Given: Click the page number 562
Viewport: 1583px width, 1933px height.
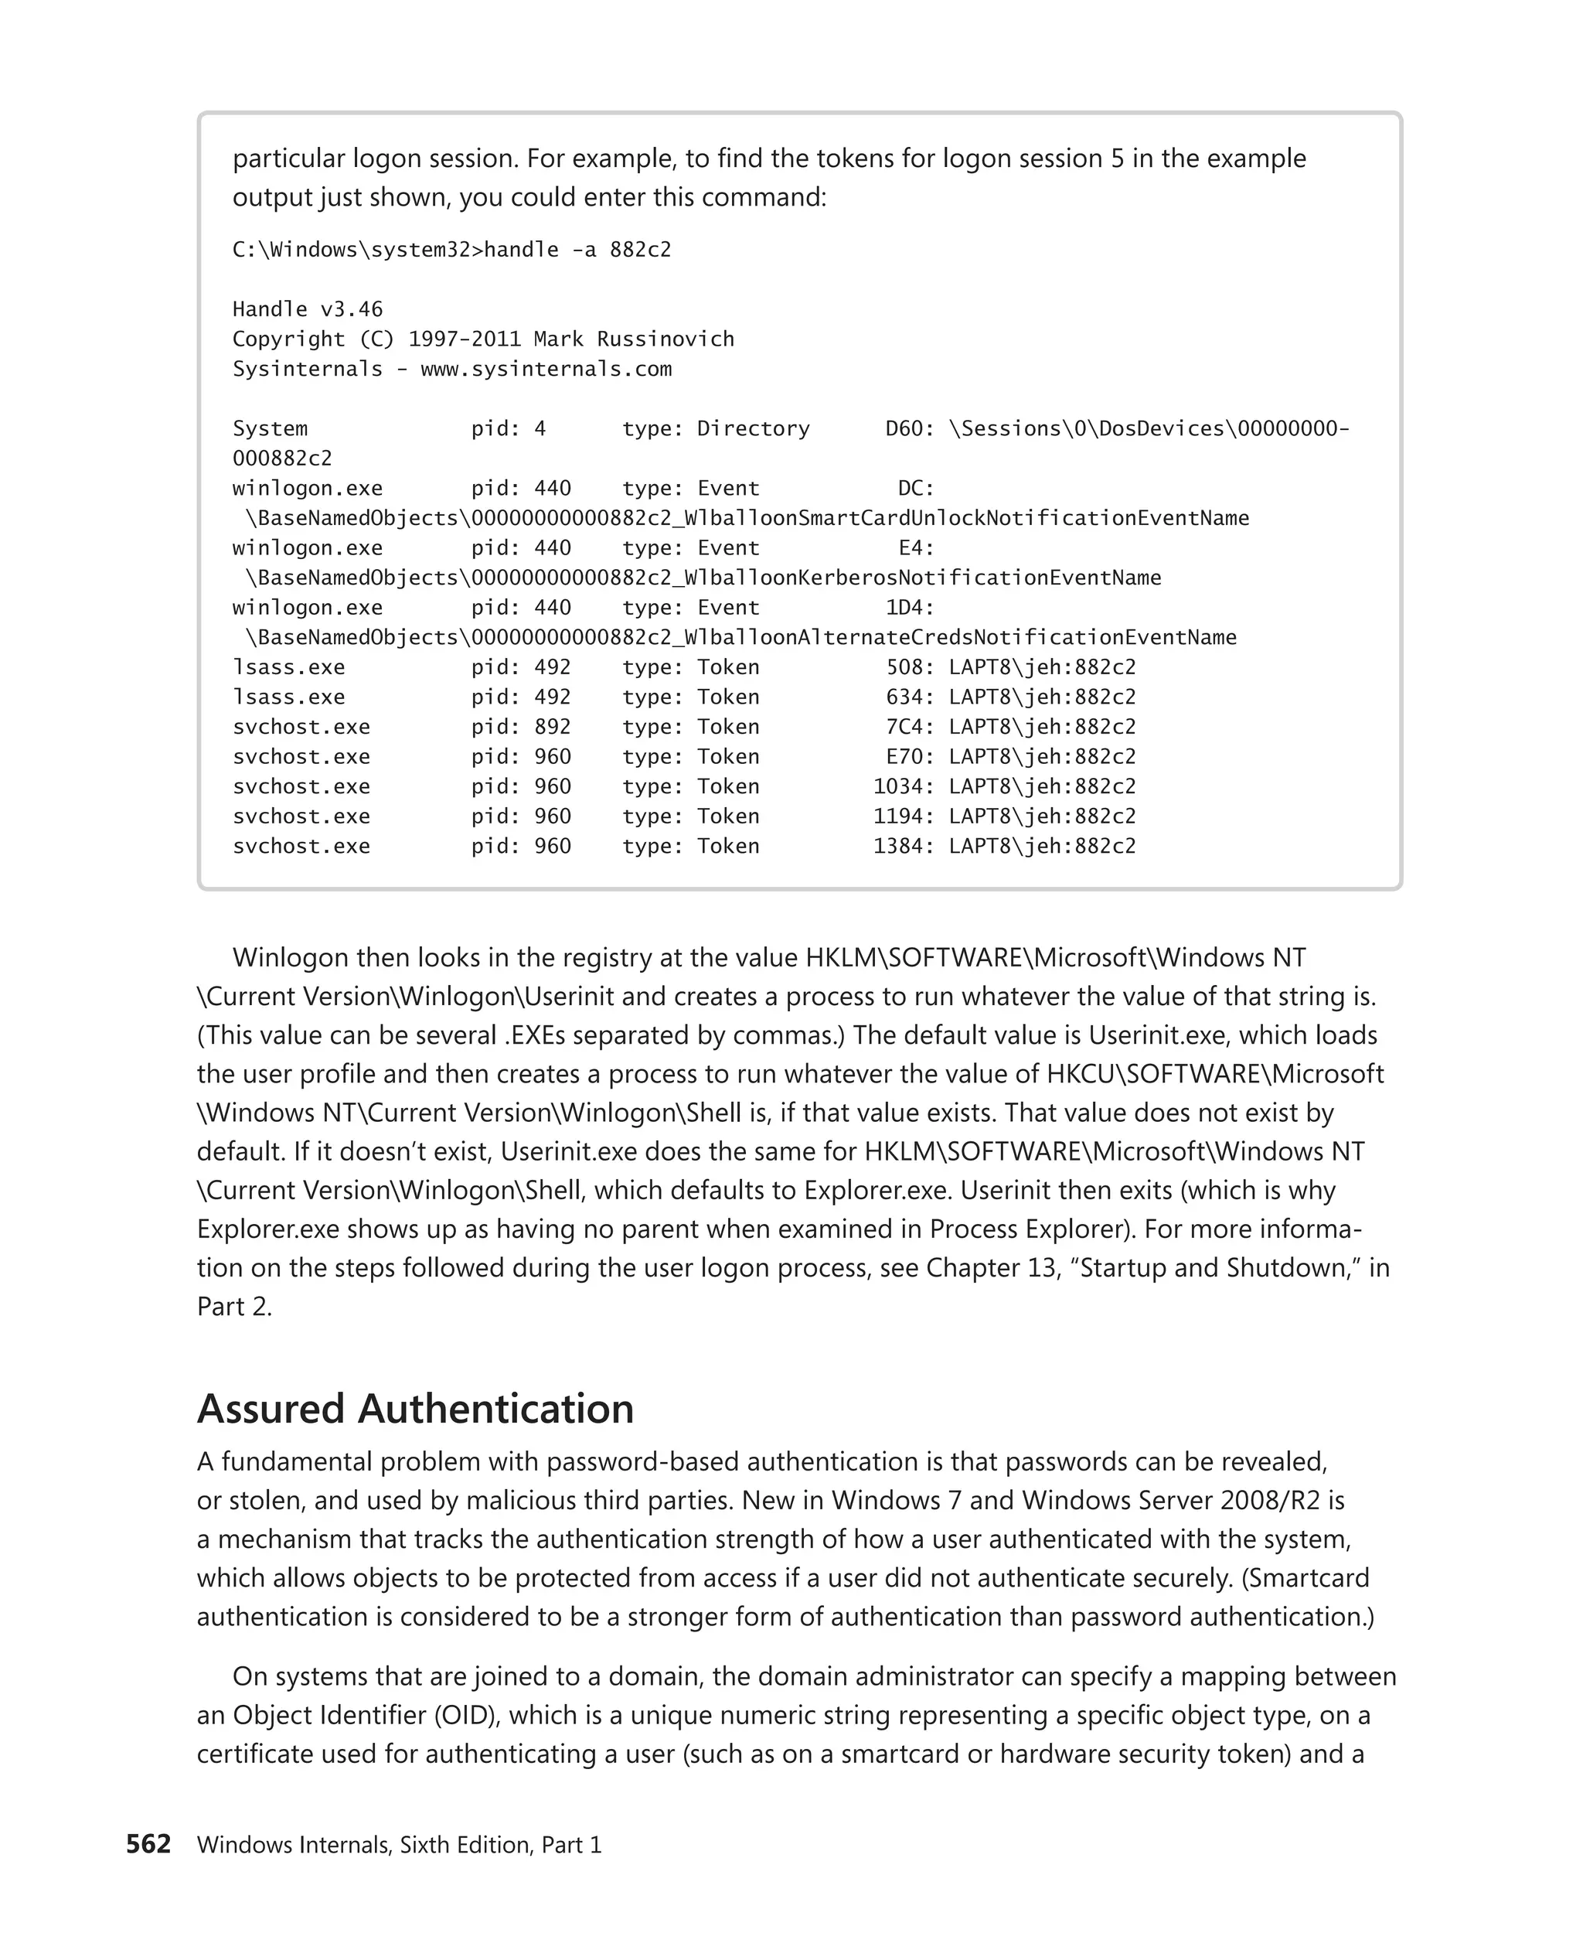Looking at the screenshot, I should click(148, 1843).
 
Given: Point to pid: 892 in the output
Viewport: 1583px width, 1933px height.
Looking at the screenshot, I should click(521, 727).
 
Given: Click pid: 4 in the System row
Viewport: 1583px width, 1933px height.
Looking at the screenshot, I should click(508, 429).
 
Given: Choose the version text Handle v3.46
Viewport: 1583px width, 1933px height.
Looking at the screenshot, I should click(308, 309).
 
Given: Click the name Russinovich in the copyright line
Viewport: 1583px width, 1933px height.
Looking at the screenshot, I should click(665, 339).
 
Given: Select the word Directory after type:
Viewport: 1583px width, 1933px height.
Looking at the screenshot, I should click(753, 429).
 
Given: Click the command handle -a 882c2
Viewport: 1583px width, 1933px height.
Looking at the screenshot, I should click(577, 250).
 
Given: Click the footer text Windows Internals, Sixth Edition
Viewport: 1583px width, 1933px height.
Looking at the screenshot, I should click(364, 1845).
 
